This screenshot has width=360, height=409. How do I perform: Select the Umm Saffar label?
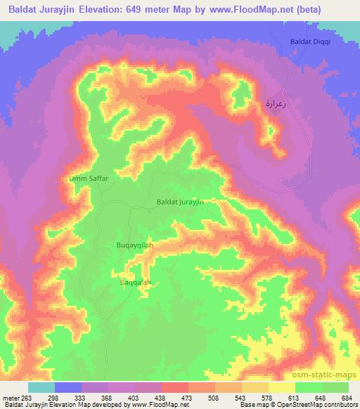click(88, 178)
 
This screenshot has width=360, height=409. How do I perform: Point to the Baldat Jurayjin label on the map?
click(180, 202)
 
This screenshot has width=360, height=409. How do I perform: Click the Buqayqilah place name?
click(134, 245)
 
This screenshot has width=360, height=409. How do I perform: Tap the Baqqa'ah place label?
click(135, 283)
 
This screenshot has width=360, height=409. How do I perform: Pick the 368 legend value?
click(106, 398)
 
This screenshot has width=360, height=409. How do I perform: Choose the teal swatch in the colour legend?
click(41, 387)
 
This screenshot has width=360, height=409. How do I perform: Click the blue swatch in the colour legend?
click(68, 387)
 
